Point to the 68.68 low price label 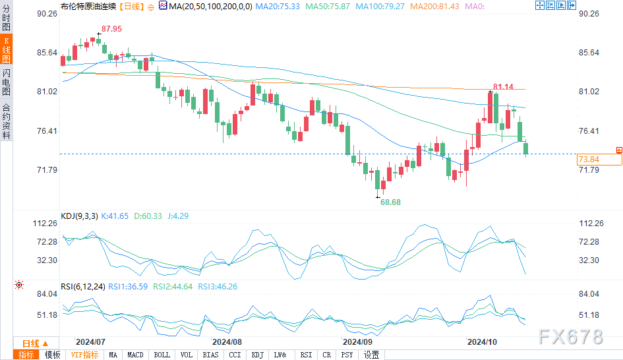tap(390, 202)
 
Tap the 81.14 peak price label tap(503, 87)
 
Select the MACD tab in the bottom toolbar tap(135, 355)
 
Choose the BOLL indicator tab tap(161, 355)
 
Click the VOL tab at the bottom tap(187, 355)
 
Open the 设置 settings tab tap(372, 355)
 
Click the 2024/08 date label tap(226, 342)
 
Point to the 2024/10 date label tap(482, 342)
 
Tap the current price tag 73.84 tap(588, 160)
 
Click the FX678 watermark tap(570, 337)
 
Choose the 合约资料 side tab tap(6, 121)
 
